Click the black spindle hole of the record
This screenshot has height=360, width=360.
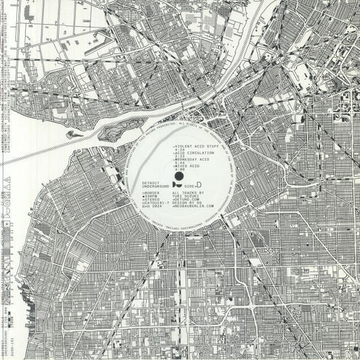tap(180, 177)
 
